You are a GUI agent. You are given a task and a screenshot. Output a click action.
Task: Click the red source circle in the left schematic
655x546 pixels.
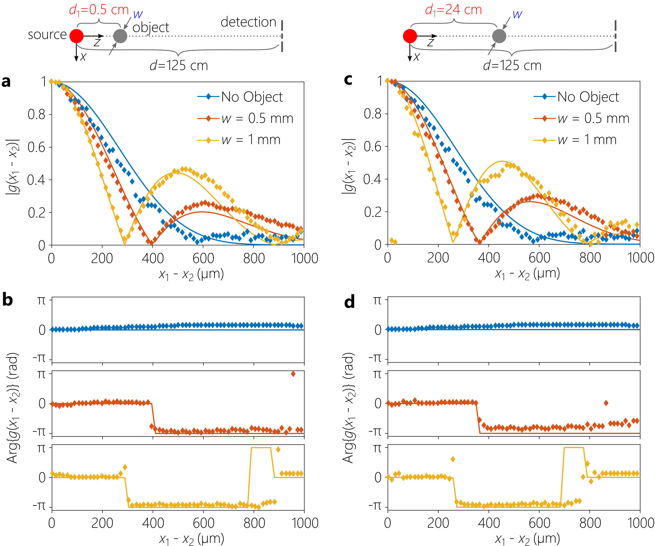click(77, 36)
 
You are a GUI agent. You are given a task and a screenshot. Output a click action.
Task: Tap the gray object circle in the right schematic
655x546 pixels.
click(499, 36)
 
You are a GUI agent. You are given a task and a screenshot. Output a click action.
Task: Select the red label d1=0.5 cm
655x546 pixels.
click(99, 10)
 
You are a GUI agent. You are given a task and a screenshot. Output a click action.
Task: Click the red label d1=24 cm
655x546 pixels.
click(453, 10)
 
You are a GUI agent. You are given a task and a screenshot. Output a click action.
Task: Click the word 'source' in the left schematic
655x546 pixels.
click(47, 35)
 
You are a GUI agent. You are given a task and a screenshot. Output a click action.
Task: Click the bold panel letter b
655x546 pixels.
click(8, 300)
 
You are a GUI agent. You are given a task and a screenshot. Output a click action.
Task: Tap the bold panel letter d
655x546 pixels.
click(349, 302)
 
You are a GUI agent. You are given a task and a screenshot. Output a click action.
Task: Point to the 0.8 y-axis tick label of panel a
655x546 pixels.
click(36, 114)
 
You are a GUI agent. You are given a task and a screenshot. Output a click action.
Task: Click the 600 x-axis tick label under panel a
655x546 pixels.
click(203, 258)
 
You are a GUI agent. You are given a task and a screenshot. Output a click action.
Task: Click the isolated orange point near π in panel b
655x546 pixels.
click(293, 374)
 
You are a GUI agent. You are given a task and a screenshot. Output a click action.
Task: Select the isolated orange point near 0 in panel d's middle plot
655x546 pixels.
click(606, 403)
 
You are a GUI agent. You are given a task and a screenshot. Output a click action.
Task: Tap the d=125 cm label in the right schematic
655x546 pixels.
click(512, 66)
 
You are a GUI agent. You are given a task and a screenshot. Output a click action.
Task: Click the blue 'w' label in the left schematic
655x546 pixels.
click(138, 14)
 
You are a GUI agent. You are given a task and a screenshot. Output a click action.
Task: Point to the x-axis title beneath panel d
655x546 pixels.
click(527, 538)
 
